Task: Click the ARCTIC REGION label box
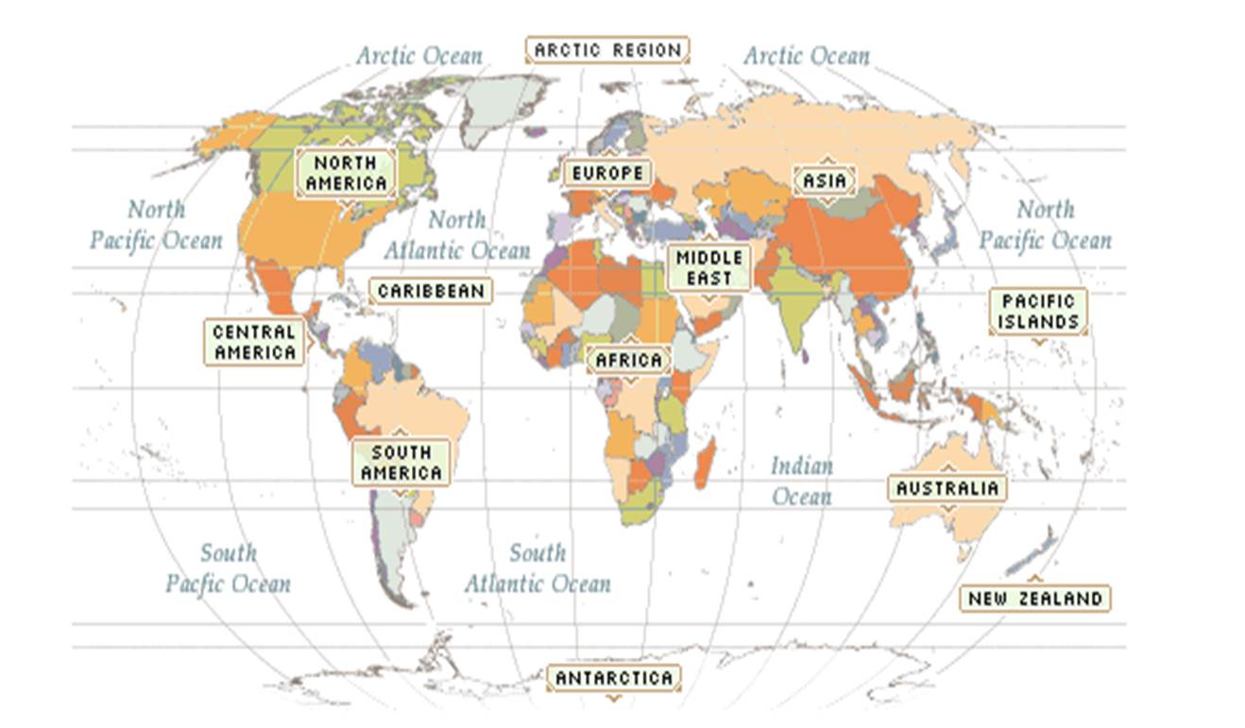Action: pyautogui.click(x=607, y=50)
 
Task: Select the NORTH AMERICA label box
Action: pyautogui.click(x=347, y=173)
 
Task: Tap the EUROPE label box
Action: pyautogui.click(x=607, y=174)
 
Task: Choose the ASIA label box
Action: pyautogui.click(x=826, y=180)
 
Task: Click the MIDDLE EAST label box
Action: pyautogui.click(x=709, y=268)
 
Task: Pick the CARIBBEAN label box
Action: pyautogui.click(x=431, y=291)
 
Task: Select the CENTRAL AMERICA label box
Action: pyautogui.click(x=254, y=343)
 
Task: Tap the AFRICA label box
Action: pyautogui.click(x=629, y=361)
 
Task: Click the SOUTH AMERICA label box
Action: pyautogui.click(x=401, y=463)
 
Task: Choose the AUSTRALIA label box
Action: pyautogui.click(x=947, y=488)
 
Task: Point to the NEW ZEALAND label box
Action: pyautogui.click(x=1034, y=599)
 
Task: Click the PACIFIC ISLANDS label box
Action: pyautogui.click(x=1038, y=312)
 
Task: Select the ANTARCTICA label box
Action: pyautogui.click(x=613, y=678)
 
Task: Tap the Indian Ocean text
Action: pyautogui.click(x=801, y=481)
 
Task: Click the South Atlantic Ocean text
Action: pyautogui.click(x=537, y=568)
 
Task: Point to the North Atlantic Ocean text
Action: pyautogui.click(x=457, y=235)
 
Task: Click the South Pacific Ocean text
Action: pyautogui.click(x=228, y=568)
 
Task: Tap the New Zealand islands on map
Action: pyautogui.click(x=1034, y=553)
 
